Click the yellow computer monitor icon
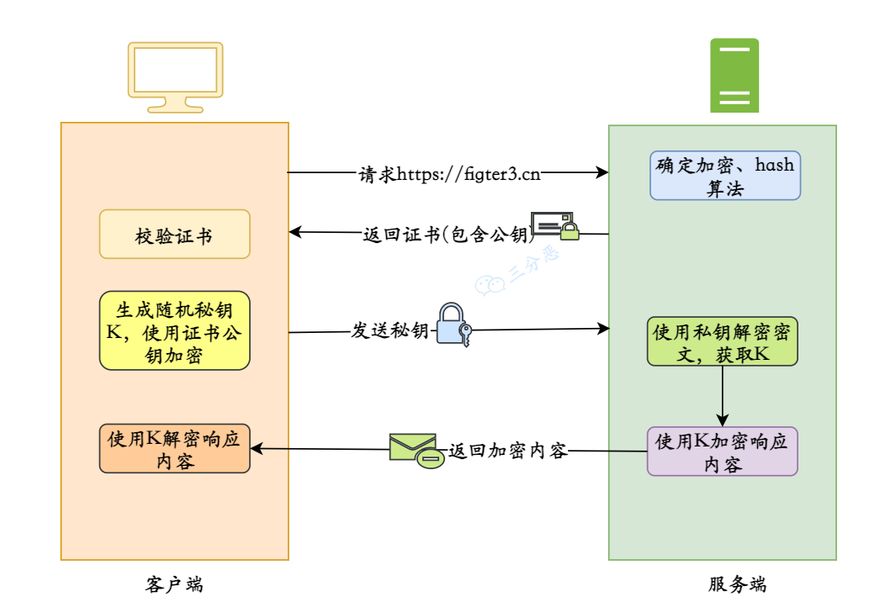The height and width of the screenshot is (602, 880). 175,74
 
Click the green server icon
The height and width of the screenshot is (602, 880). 734,76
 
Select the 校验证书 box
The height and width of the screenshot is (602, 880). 175,235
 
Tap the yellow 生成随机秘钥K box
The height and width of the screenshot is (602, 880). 175,330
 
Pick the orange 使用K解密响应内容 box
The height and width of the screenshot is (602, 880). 175,449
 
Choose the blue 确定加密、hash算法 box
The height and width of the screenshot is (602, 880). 724,176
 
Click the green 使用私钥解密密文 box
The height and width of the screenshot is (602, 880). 722,341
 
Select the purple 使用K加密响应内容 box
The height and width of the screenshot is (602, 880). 722,451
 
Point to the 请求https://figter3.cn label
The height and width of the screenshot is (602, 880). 449,174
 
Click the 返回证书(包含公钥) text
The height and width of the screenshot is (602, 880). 445,234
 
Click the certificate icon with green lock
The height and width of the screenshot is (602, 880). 556,225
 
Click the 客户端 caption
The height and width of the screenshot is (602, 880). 174,584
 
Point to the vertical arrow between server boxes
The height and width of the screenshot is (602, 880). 722,395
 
